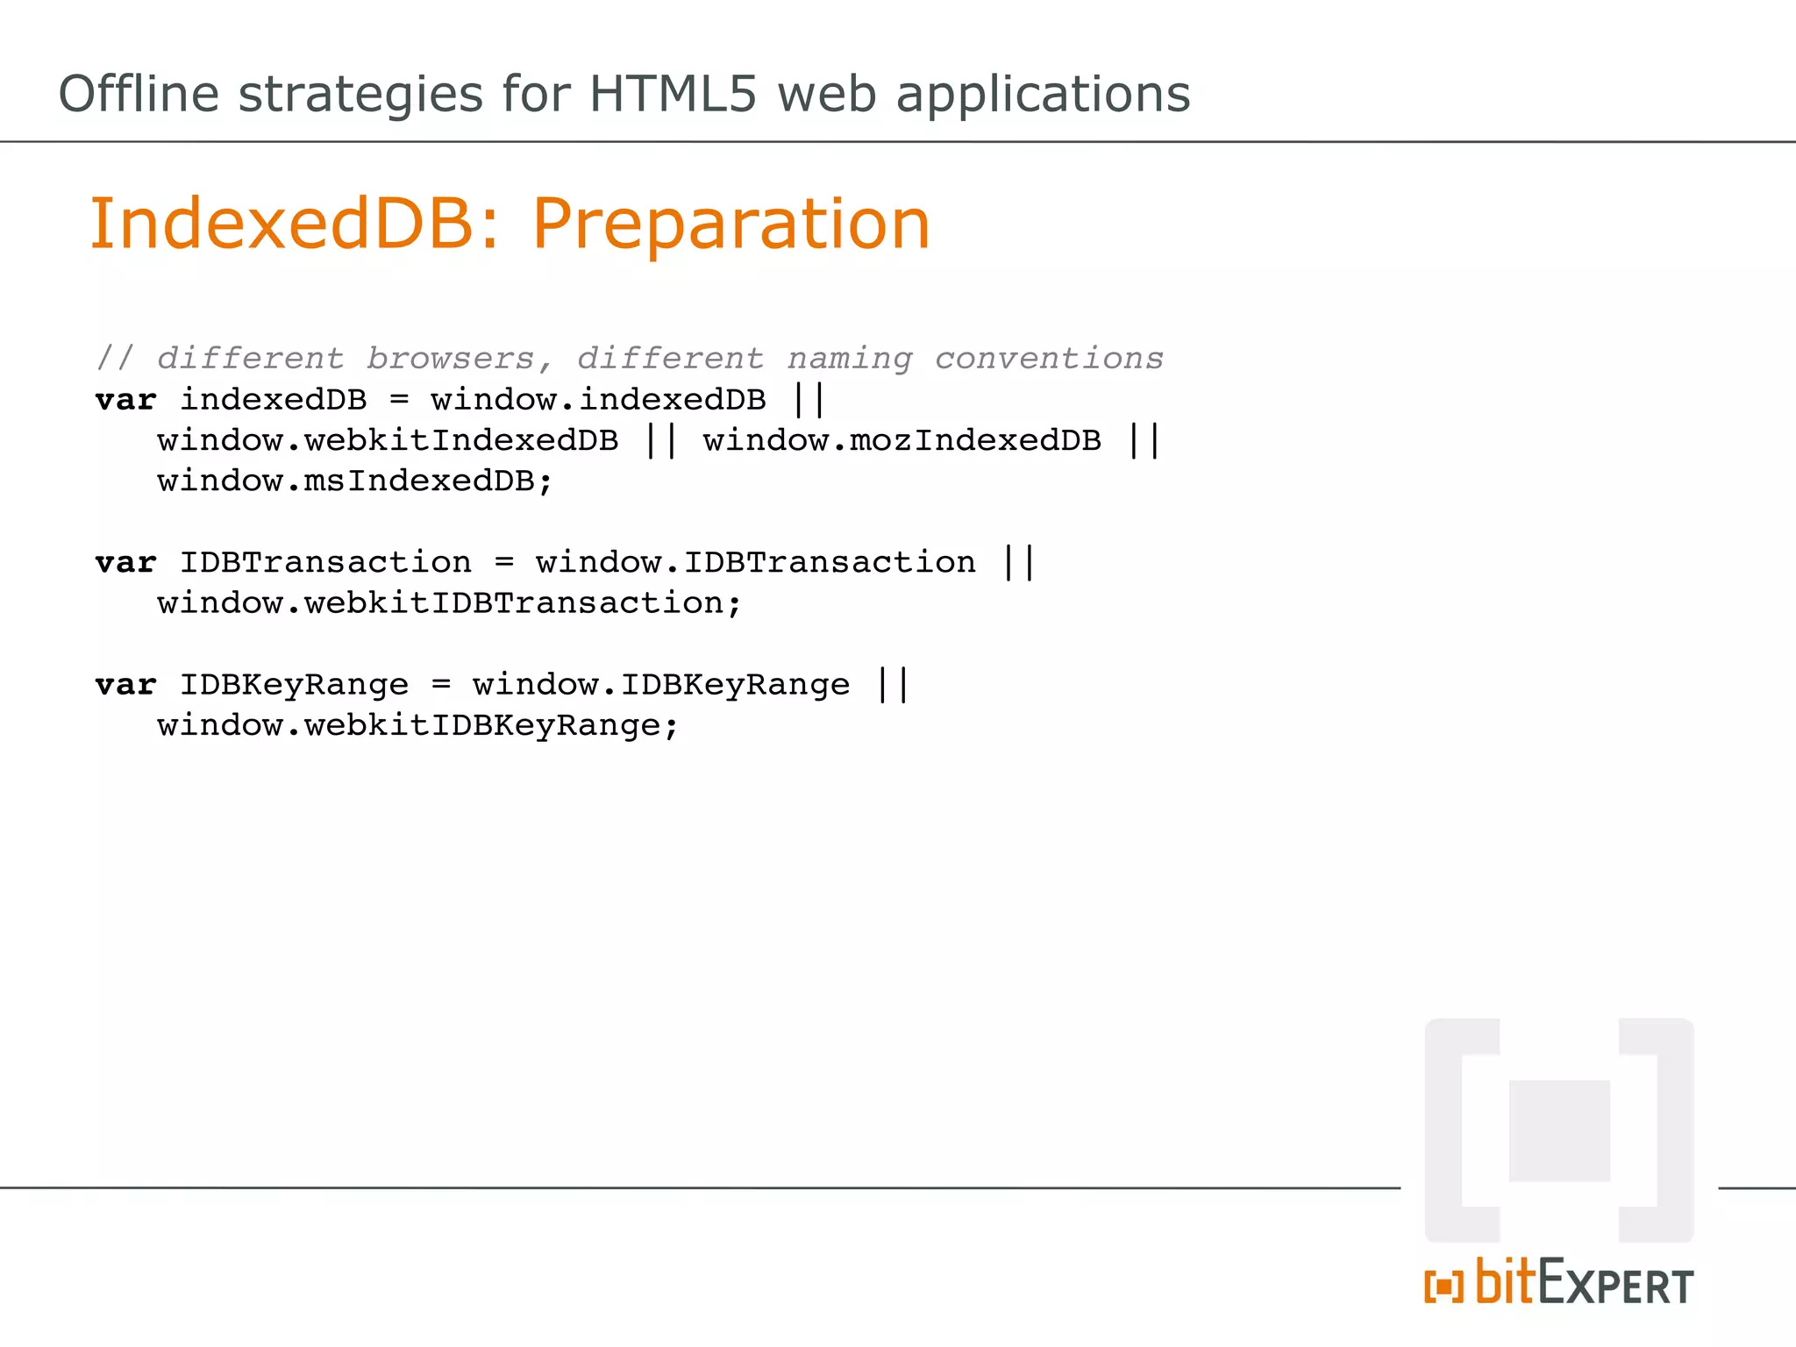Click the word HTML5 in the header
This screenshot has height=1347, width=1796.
672,94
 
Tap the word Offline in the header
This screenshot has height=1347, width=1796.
139,94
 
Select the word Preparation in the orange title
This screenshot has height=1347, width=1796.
731,225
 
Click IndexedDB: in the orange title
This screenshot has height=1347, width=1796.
295,224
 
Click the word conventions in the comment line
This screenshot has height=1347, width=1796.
1049,359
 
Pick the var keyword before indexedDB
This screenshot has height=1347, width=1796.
125,400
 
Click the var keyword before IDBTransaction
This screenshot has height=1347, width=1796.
125,562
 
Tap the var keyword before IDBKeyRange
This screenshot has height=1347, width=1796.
125,685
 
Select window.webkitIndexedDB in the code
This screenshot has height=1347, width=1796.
388,440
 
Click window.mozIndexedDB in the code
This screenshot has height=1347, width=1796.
902,440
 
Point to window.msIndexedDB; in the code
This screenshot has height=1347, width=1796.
355,481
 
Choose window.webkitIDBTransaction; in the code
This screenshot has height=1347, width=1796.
449,603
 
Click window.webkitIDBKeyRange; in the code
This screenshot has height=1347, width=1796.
417,726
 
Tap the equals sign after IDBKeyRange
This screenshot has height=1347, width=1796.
441,685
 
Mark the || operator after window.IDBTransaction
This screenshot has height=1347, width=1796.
1019,562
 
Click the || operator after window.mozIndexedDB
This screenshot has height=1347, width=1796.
1144,440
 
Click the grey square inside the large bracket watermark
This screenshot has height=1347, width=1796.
1559,1130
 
